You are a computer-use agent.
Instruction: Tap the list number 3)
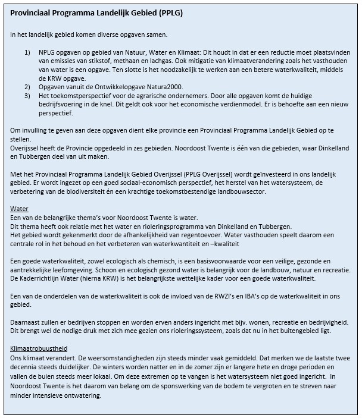[x=27, y=95]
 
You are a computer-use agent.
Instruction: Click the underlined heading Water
[x=20, y=209]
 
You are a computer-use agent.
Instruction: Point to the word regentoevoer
[x=199, y=235]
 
